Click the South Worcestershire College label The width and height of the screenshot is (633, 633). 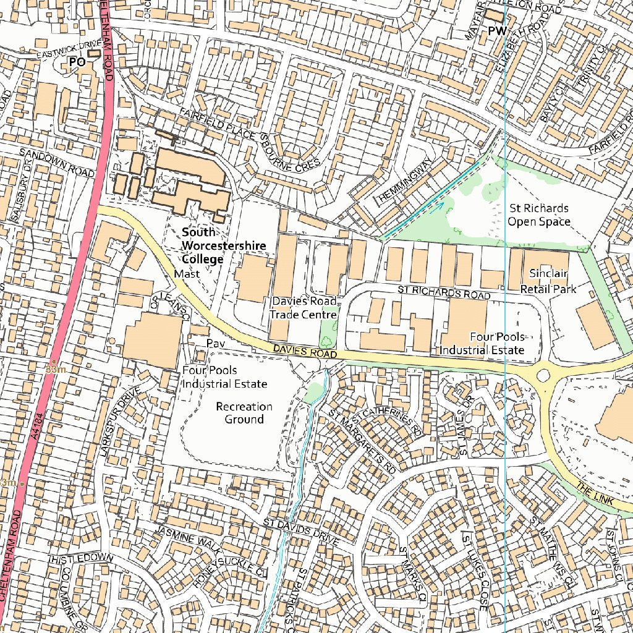tap(223, 245)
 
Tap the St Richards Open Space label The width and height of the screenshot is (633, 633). tap(538, 215)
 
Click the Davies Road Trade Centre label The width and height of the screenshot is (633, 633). tap(304, 308)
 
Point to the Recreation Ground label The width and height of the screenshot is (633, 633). tap(244, 413)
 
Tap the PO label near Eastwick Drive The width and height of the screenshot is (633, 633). tap(77, 62)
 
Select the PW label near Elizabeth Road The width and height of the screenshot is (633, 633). tap(496, 31)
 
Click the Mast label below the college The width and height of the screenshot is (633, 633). tap(187, 273)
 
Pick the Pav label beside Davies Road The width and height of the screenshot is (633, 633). tap(215, 343)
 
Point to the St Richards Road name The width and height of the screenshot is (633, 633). tap(442, 291)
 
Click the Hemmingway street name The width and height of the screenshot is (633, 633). tap(405, 180)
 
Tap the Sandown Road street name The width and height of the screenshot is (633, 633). tap(56, 162)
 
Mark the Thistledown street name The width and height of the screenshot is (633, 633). tap(81, 558)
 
